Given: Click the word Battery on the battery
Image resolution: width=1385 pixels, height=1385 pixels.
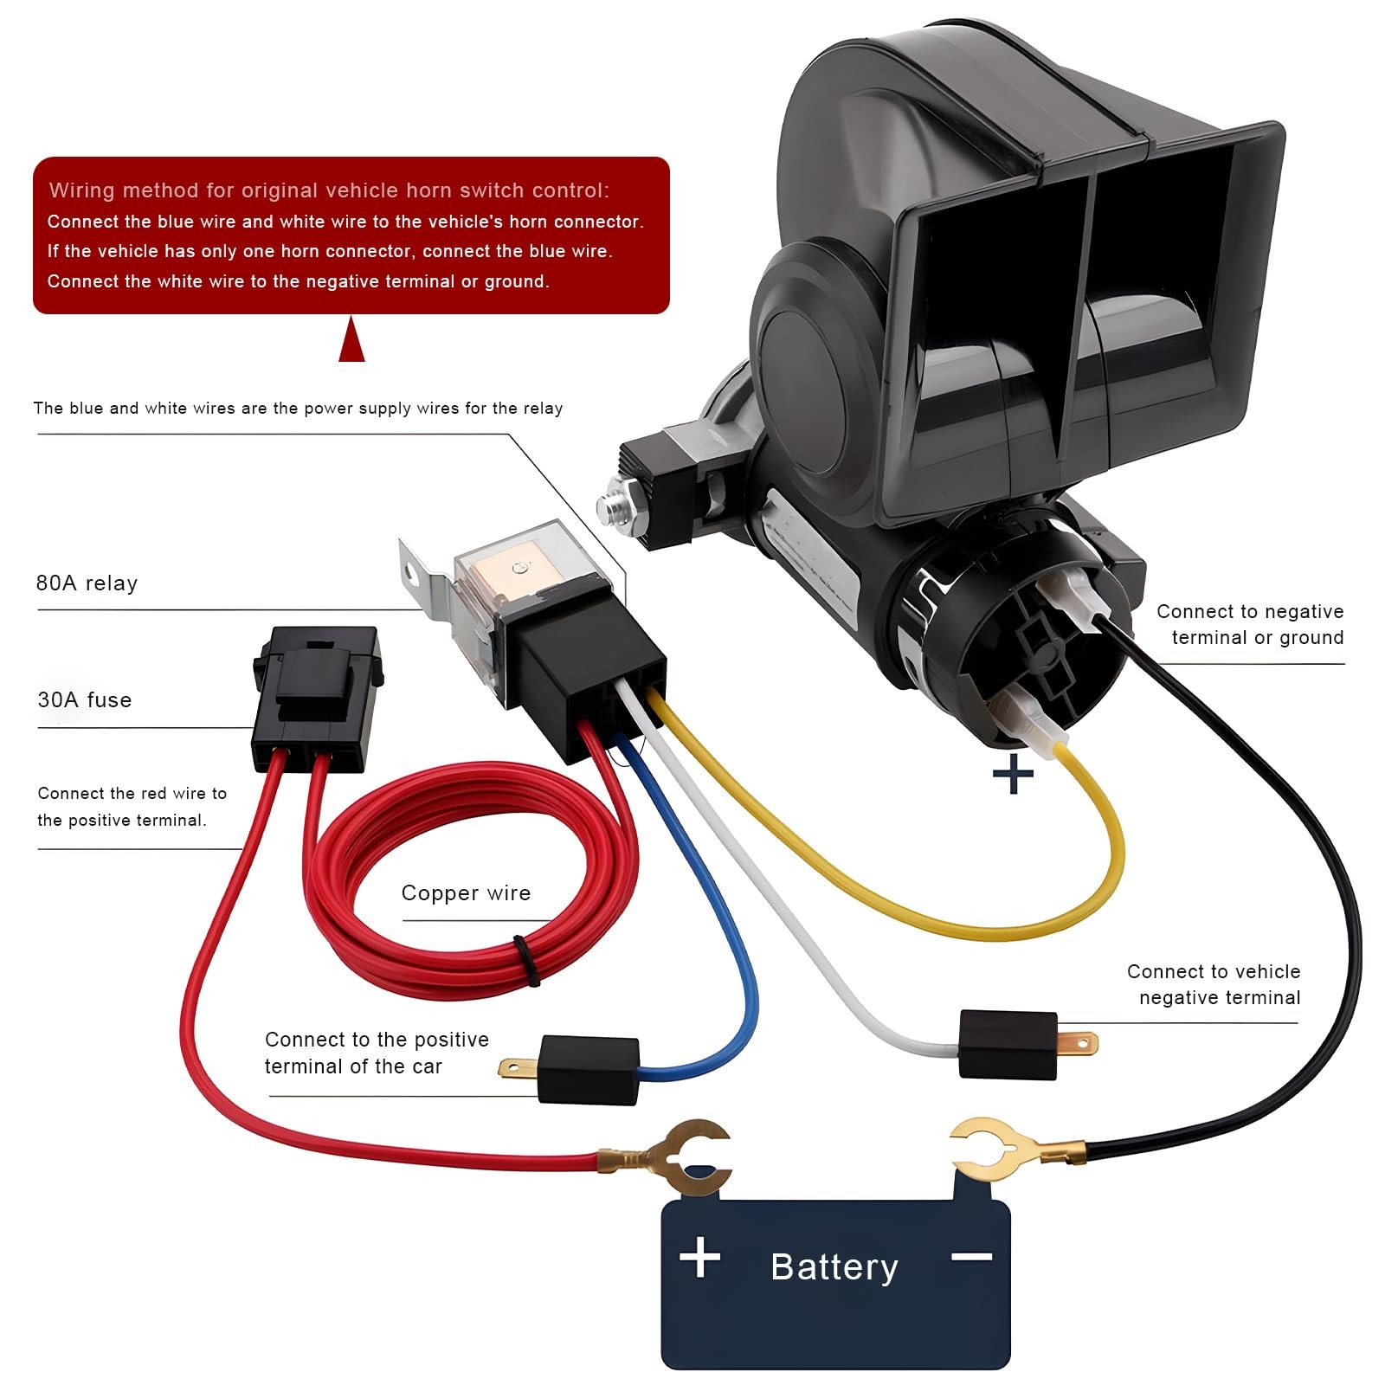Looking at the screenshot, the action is point(834,1267).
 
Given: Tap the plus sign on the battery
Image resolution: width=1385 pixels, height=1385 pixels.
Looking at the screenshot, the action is point(700,1257).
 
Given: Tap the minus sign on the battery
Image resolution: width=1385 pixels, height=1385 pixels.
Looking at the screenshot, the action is point(971,1256).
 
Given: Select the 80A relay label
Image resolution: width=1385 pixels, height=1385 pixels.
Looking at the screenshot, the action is point(87,583).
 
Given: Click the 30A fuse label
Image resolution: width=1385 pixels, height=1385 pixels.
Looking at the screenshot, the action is point(85,699).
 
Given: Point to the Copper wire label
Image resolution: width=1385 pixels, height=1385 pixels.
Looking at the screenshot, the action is point(466,893).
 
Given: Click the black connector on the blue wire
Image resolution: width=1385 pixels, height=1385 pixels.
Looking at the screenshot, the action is point(589,1070).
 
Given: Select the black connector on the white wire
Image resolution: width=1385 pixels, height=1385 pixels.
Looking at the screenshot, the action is point(1008,1044).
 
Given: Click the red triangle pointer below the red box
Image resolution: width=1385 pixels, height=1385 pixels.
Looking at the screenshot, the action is point(351,339).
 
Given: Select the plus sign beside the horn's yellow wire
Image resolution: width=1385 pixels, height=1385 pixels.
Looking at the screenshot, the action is point(1013,774).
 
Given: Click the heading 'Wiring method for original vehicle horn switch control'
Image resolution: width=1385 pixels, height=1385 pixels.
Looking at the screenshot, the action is point(329,190).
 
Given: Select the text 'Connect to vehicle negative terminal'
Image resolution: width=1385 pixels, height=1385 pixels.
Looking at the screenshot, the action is point(1214,984).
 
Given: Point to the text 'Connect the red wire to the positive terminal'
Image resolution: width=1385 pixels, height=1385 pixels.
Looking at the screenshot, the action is point(132,807).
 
